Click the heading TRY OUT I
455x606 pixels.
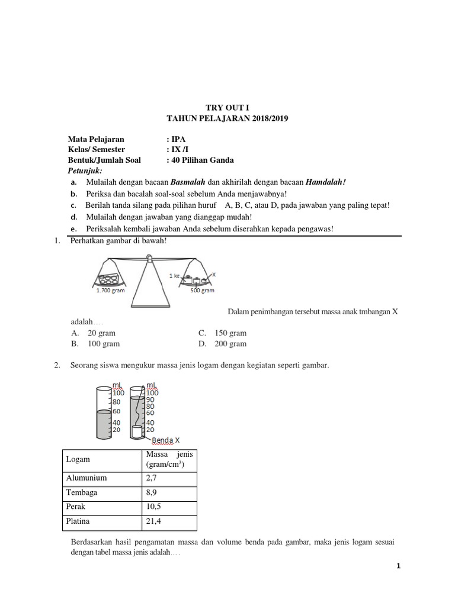click(228, 107)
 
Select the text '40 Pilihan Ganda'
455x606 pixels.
click(202, 160)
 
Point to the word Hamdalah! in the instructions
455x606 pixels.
click(325, 182)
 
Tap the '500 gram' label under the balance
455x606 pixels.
click(203, 291)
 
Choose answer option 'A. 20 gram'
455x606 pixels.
click(94, 333)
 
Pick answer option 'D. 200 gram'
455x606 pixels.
click(223, 344)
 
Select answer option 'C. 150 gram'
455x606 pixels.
click(223, 333)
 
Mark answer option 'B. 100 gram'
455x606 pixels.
click(95, 344)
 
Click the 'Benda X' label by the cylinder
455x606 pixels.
click(166, 440)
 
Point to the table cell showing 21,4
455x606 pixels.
click(153, 521)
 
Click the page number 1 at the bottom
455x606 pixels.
click(399, 566)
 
